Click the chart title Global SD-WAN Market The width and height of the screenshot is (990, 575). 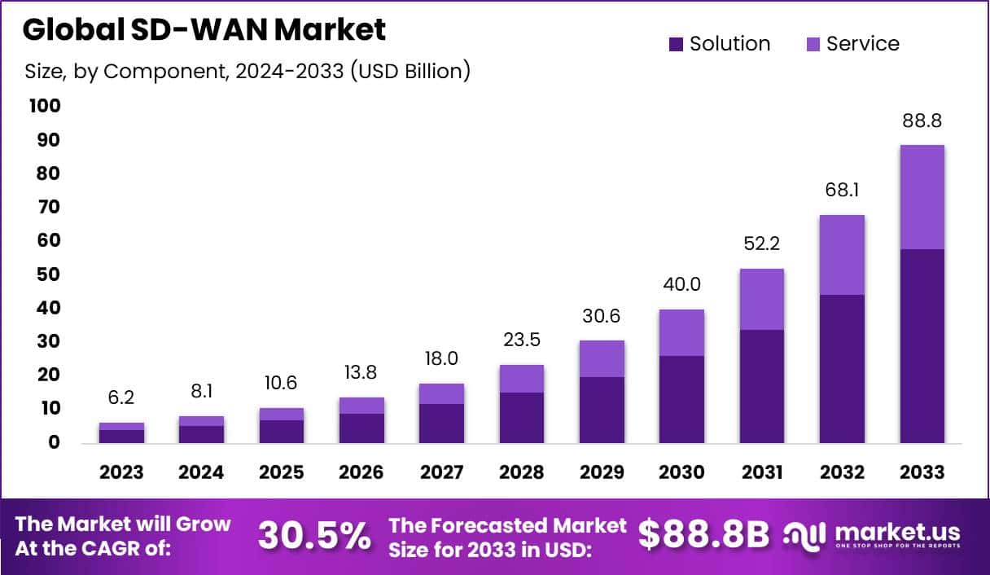(x=204, y=30)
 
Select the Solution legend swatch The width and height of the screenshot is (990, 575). (x=676, y=44)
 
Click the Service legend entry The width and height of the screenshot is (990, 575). (x=862, y=44)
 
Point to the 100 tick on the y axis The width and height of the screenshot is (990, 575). (x=44, y=106)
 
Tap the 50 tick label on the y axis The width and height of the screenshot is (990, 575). (x=48, y=274)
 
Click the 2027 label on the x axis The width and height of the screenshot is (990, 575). (x=441, y=472)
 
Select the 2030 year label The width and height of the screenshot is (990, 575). (x=681, y=472)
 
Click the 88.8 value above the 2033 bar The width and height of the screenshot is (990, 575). (x=922, y=121)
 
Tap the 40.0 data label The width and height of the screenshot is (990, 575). (x=681, y=285)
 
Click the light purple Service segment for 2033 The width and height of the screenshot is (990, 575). (x=922, y=197)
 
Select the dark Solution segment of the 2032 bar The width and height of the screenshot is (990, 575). (x=842, y=368)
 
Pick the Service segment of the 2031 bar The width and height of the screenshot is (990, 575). (x=762, y=299)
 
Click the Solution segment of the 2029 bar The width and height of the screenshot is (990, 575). (x=602, y=410)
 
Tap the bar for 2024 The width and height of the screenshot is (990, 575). (x=201, y=430)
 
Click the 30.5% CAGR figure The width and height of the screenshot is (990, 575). (x=313, y=535)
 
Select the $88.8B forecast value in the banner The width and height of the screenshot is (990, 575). (x=703, y=535)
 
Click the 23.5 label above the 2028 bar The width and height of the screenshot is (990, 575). (x=522, y=340)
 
